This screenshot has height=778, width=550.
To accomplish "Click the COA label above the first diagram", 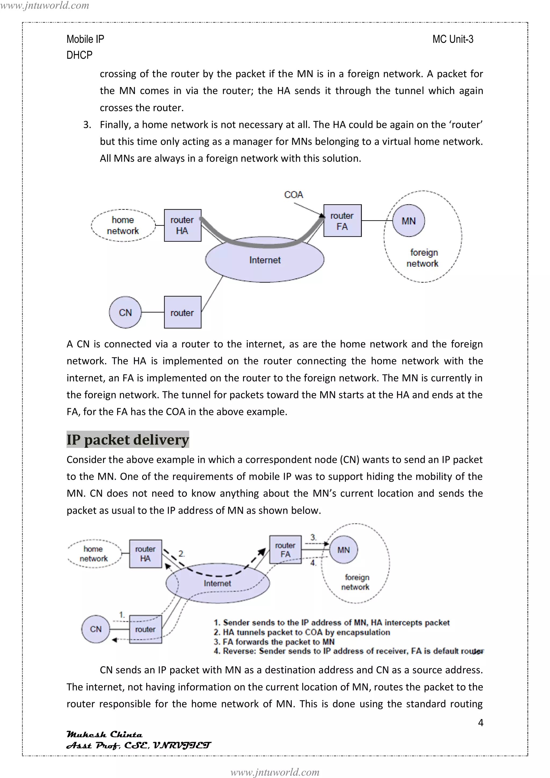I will (294, 195).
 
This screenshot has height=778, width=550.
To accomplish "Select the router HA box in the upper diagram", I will (182, 225).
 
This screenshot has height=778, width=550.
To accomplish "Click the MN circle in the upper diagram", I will (408, 221).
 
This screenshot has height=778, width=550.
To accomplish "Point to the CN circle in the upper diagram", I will (125, 312).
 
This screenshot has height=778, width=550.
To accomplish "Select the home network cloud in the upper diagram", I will (123, 225).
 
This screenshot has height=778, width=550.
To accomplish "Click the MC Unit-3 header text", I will (453, 39).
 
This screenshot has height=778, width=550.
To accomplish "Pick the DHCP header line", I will (79, 55).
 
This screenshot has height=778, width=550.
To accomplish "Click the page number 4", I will (480, 722).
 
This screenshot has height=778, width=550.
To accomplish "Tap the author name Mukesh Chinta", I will (104, 734).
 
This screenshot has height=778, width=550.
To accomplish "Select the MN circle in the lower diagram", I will (343, 550).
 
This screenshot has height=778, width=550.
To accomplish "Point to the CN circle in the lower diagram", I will (96, 629).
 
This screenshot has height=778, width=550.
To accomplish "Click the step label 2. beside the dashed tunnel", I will (182, 554).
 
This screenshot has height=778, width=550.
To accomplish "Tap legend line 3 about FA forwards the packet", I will (274, 642).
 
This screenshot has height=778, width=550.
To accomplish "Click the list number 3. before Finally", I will (87, 125).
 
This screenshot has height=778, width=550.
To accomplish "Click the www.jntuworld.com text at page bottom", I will (275, 772).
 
